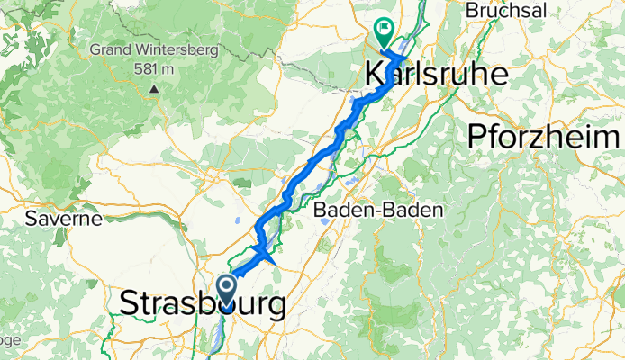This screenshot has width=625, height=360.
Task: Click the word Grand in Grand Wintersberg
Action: [112, 49]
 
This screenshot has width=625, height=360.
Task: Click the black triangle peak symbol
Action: [155, 88]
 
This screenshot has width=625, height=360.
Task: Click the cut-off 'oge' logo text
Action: [9, 340]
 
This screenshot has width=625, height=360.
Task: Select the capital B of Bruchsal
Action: [470, 11]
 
